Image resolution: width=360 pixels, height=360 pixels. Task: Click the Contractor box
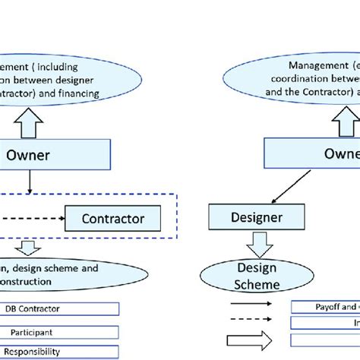[x=113, y=219]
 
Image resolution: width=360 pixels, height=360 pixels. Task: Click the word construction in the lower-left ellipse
[x=30, y=282]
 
